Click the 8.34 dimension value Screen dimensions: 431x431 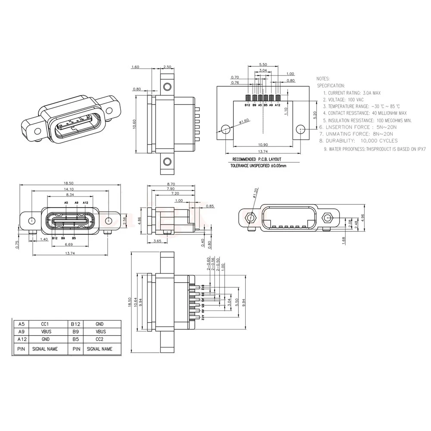click(x=69, y=195)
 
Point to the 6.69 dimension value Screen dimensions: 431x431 click(x=69, y=245)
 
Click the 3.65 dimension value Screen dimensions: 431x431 click(x=157, y=241)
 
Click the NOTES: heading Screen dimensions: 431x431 click(x=323, y=79)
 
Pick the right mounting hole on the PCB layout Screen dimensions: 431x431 click(x=301, y=128)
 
